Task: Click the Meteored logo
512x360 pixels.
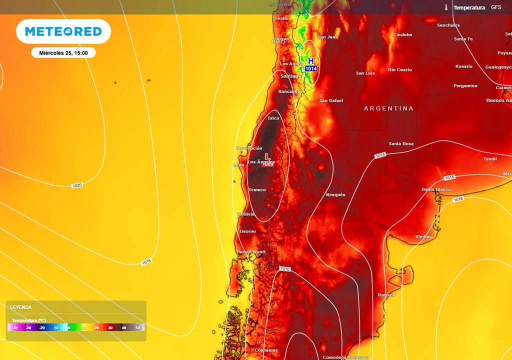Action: pos(63,31)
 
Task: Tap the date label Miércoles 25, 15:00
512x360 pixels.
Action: pos(63,53)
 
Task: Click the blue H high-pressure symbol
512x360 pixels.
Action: pos(311,60)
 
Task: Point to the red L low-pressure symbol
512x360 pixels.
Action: pos(267,156)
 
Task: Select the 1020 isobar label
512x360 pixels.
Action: pos(76,185)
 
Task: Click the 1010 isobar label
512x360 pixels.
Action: pos(285,269)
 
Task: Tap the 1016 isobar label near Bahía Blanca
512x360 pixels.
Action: pos(449,177)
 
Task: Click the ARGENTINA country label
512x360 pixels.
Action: pos(388,108)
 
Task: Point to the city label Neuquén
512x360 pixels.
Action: pos(335,194)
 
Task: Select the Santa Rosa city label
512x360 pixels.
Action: pos(401,144)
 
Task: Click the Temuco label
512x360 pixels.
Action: pos(257,189)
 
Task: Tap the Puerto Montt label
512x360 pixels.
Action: pos(251,251)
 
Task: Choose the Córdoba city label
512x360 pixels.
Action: pos(402,35)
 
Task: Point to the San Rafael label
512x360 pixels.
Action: pos(331,100)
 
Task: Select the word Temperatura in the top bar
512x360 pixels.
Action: pos(469,7)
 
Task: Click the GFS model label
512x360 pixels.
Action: pos(496,7)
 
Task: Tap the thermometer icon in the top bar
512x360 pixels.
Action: pos(446,7)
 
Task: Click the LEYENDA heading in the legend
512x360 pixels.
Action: pos(21,307)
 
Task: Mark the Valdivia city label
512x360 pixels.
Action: pos(246,214)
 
